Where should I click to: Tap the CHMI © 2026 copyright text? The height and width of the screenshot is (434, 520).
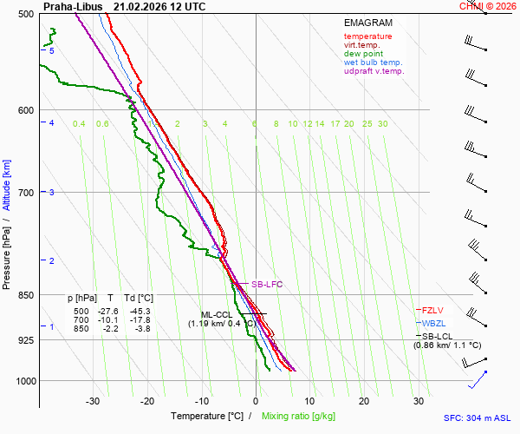point(489,6)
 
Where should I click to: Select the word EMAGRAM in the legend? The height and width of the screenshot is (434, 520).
point(367,23)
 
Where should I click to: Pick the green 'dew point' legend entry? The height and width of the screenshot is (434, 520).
point(363,54)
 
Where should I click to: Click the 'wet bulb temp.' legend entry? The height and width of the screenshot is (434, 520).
point(373,62)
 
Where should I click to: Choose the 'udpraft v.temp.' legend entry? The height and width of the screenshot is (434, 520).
point(374,71)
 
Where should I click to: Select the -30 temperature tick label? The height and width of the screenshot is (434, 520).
point(93,401)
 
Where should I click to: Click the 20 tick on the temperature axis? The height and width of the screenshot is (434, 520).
point(364,401)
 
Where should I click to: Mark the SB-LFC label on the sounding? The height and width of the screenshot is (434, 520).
point(267,284)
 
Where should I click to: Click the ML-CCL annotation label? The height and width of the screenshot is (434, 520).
point(217,315)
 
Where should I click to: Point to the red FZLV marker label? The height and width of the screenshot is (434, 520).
point(432,310)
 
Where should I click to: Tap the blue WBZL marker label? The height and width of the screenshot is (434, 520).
point(432,323)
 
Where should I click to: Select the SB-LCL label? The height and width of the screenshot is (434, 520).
point(439,336)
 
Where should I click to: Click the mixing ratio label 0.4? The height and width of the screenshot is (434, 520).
point(79,124)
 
